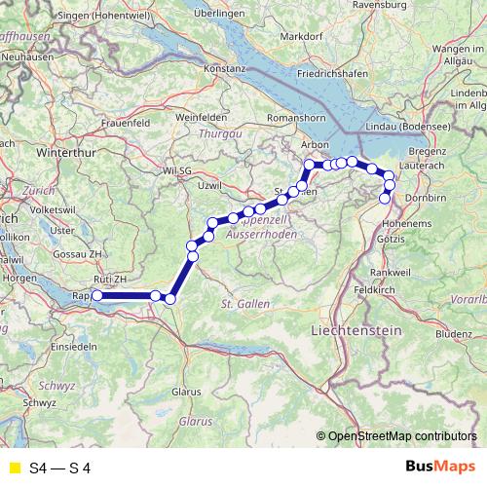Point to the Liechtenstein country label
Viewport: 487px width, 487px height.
356,331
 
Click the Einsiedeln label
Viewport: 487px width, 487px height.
74,347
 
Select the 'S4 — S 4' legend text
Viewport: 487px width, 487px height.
60,468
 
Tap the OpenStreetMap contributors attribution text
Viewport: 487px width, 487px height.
401,436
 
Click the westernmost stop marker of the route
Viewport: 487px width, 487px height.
97,296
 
